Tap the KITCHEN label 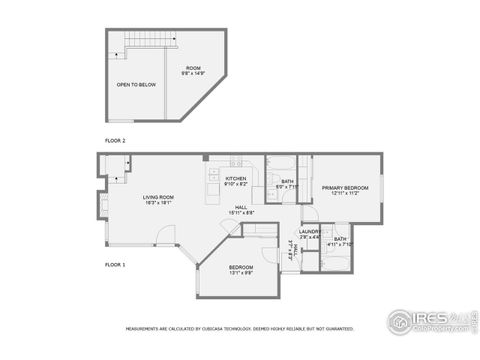tap(235, 179)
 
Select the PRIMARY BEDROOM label tap(344, 187)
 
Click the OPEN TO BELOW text tap(135, 85)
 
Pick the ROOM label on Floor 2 tap(193, 67)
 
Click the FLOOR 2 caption tap(115, 141)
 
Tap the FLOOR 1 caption tap(115, 264)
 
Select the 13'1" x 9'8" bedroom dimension tap(241, 273)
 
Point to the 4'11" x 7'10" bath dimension tap(340, 244)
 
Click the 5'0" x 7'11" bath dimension tap(287, 185)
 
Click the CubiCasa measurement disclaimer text tap(240, 327)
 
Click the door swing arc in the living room tap(167, 236)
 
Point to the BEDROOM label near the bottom tap(241, 267)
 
